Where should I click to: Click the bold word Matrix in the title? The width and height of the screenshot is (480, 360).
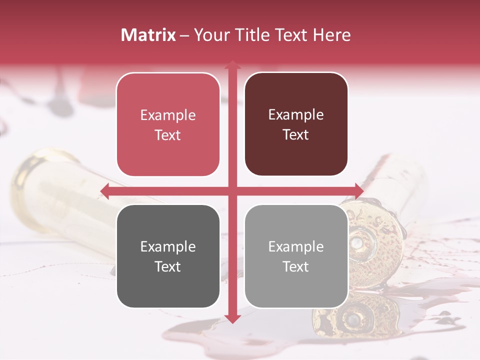click(148, 35)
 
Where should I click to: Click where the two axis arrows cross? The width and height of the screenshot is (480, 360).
click(232, 191)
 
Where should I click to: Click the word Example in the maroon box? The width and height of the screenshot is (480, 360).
click(296, 115)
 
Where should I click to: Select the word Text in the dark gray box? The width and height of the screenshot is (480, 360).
click(168, 266)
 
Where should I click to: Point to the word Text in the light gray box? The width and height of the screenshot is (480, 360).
click(296, 266)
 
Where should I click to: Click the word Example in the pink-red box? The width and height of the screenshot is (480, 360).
click(168, 115)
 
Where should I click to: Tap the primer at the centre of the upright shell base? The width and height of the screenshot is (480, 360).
click(357, 243)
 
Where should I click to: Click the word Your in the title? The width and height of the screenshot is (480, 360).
click(210, 35)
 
